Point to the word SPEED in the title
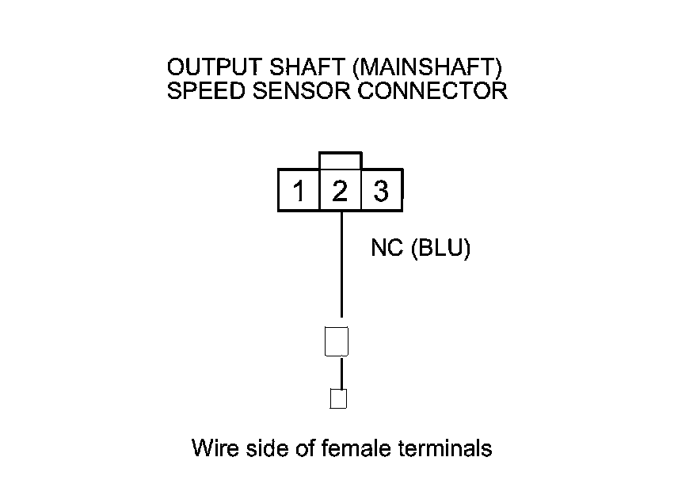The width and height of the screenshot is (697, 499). pyautogui.click(x=202, y=90)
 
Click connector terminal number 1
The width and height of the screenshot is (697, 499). pyautogui.click(x=299, y=191)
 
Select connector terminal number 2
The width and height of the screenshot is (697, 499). pyautogui.click(x=340, y=191)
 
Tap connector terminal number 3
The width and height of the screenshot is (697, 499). pyautogui.click(x=381, y=191)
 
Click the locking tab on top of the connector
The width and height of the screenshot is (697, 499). pyautogui.click(x=340, y=161)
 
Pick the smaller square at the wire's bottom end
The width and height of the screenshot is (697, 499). pyautogui.click(x=338, y=398)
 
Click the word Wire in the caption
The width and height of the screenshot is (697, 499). pyautogui.click(x=213, y=448)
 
